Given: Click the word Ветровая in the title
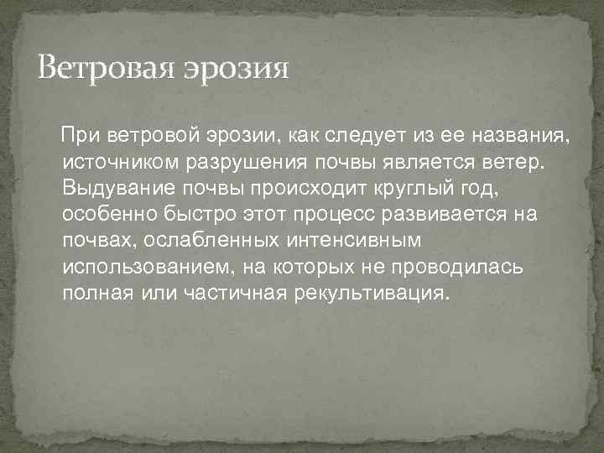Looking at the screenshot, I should [x=107, y=66].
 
